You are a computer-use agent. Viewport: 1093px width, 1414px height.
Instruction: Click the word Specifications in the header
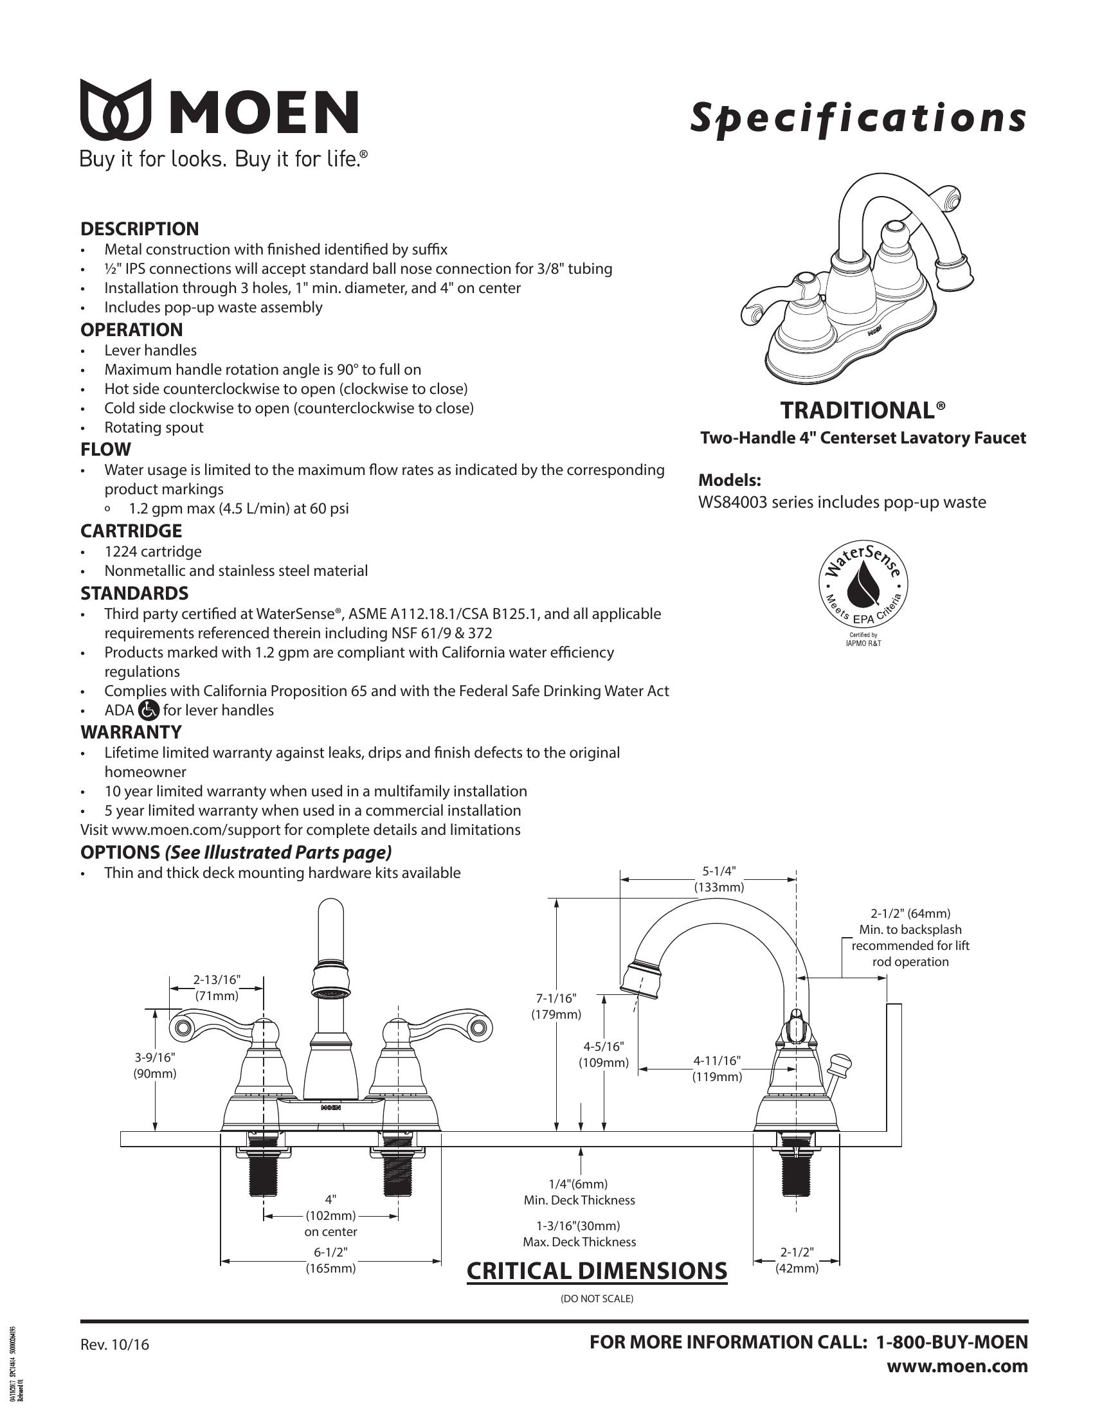click(x=857, y=118)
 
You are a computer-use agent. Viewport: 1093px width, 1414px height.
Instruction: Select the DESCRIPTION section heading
click(x=140, y=229)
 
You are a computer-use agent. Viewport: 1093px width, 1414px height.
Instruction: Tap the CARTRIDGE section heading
click(x=131, y=531)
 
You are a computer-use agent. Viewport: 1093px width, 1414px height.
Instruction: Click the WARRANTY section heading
click(x=131, y=732)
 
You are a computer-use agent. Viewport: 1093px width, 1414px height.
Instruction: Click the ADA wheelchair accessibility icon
click(x=149, y=710)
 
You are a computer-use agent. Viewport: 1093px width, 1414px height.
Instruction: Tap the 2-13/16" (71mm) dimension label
click(x=216, y=988)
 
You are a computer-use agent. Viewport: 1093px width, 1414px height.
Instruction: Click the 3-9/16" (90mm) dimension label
click(x=155, y=1065)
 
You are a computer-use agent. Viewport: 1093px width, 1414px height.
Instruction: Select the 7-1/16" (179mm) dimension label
click(x=556, y=1007)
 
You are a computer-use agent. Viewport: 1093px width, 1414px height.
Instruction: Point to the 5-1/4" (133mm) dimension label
click(x=719, y=879)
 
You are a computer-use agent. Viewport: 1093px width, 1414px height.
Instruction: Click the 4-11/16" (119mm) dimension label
click(x=717, y=1069)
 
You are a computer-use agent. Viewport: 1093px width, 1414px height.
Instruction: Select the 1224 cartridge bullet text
click(x=153, y=551)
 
